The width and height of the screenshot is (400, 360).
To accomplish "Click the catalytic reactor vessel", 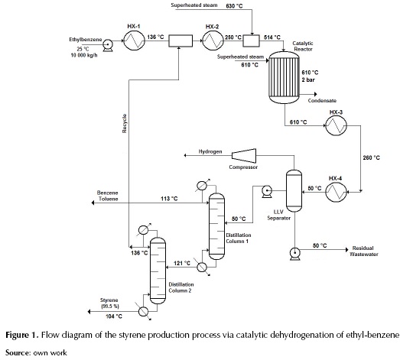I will pos(282,77).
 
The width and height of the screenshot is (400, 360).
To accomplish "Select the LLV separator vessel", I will pos(294,189).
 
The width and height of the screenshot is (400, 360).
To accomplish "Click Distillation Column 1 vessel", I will pos(216,222).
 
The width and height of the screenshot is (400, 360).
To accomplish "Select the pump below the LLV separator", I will pos(294,250).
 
